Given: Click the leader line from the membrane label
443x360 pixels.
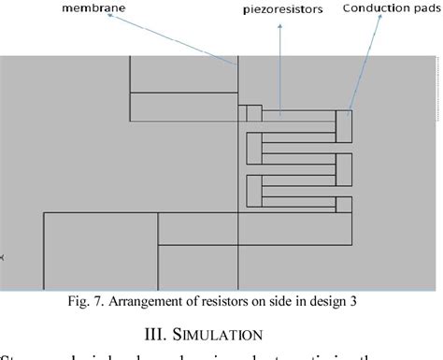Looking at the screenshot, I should (186, 38).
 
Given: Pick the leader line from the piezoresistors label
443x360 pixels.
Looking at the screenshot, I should (280, 65).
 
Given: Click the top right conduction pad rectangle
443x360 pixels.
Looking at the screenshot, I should (344, 126).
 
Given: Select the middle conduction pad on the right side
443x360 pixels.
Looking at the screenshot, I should (344, 168).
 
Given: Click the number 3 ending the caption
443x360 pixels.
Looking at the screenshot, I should (352, 302).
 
